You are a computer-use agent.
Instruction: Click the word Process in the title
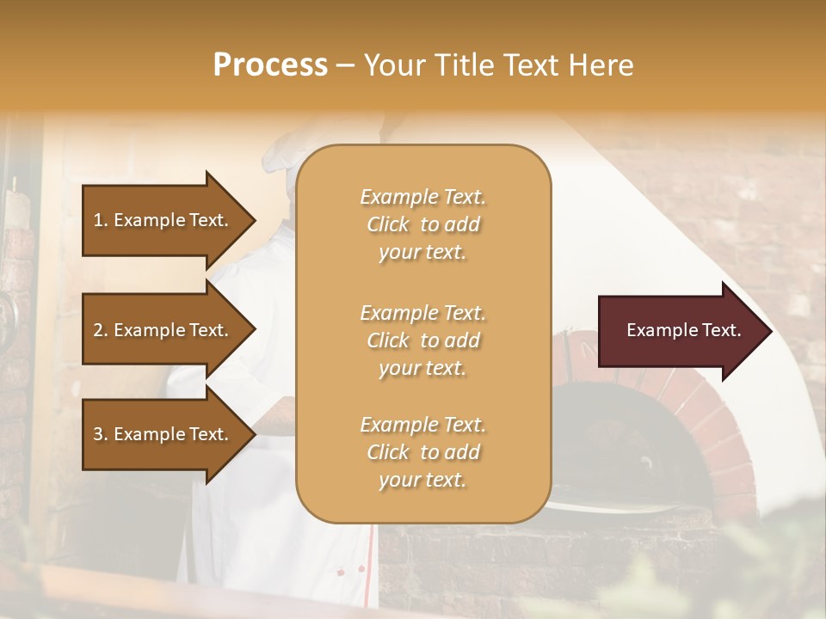(270, 65)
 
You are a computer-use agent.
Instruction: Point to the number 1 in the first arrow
(98, 220)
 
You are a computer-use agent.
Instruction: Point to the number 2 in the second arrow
(98, 330)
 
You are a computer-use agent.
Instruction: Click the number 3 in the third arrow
(98, 434)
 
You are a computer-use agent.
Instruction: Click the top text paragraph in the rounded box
(422, 224)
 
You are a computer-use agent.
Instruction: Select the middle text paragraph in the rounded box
(422, 340)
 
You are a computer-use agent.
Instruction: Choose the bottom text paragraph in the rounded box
(422, 452)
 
